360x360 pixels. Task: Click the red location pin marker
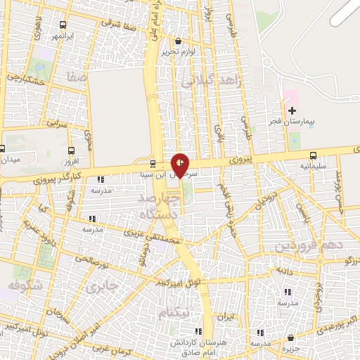click(x=180, y=165)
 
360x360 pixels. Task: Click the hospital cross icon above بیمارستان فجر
click(x=292, y=110)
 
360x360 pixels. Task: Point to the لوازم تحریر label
click(x=177, y=52)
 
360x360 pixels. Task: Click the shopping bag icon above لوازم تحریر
click(x=177, y=41)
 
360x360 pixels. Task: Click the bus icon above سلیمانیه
click(x=313, y=156)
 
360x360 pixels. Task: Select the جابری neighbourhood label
click(x=98, y=287)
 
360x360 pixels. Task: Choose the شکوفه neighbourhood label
click(x=26, y=285)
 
